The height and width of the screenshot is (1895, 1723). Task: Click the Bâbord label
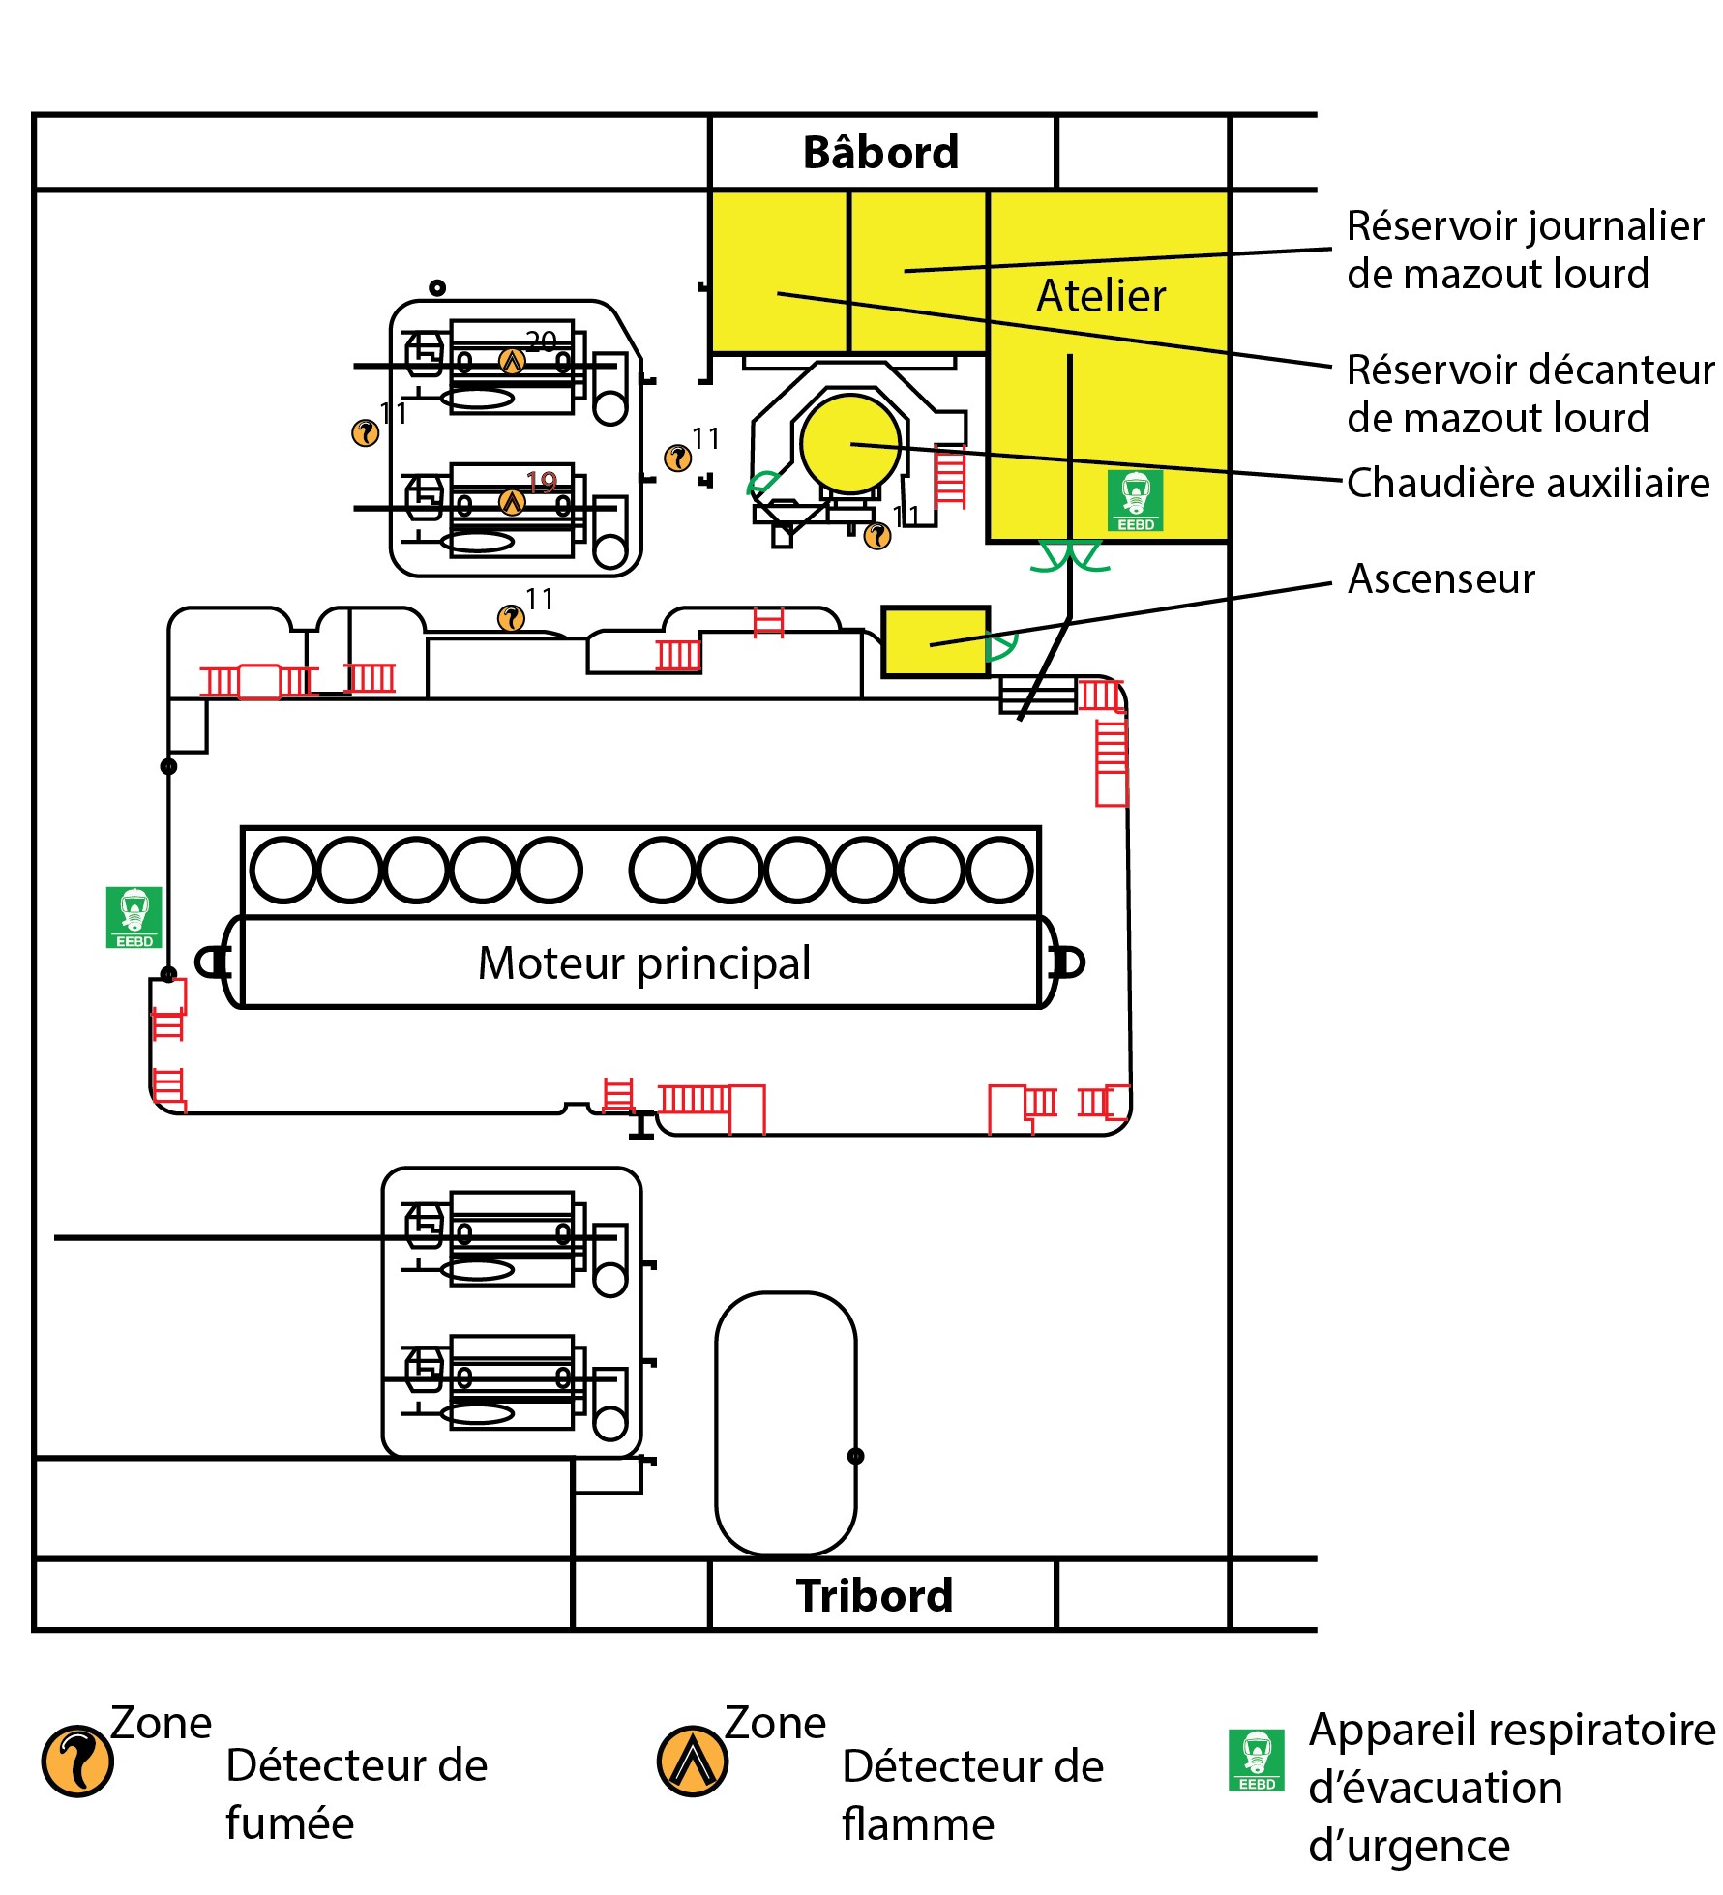click(x=880, y=153)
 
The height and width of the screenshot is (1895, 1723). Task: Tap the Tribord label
click(x=875, y=1596)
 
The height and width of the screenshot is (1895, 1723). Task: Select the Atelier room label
click(x=1101, y=296)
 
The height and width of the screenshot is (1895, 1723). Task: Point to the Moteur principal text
click(x=644, y=963)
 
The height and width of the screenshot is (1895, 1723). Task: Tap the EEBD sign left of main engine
click(x=134, y=917)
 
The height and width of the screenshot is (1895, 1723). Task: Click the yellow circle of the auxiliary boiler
click(x=850, y=444)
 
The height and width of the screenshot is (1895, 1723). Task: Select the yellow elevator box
click(x=935, y=641)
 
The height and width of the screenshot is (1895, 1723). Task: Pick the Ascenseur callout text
click(x=1441, y=579)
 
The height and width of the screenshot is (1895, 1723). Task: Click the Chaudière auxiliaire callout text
click(x=1528, y=483)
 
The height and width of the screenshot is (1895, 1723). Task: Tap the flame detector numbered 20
click(x=512, y=362)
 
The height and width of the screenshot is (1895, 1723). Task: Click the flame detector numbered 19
click(x=512, y=503)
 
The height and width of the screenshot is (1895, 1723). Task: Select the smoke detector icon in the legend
click(x=77, y=1761)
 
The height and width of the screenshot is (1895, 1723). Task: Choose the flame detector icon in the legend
click(x=692, y=1761)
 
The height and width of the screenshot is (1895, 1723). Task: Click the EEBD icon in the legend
click(x=1256, y=1760)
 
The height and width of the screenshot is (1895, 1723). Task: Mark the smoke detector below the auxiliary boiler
click(x=877, y=536)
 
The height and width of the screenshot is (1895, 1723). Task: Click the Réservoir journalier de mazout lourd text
click(x=1524, y=250)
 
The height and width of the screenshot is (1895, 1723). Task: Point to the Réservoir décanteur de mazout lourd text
click(x=1529, y=394)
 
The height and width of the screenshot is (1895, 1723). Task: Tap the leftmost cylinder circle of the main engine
click(x=282, y=870)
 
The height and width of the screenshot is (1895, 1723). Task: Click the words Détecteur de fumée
click(x=356, y=1794)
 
